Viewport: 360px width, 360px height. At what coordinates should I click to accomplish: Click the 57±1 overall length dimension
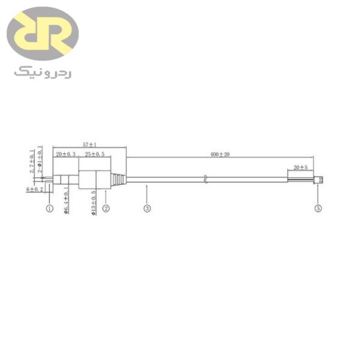(x=90, y=145)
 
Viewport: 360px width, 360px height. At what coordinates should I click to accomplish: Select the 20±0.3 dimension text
(x=66, y=155)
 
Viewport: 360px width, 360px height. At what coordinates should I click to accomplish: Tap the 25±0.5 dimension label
(x=95, y=155)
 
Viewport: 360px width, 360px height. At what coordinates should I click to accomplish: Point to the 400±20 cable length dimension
(x=220, y=155)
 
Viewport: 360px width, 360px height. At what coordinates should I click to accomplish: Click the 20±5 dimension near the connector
(x=301, y=167)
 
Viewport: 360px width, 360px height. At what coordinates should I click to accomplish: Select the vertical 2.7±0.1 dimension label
(x=32, y=164)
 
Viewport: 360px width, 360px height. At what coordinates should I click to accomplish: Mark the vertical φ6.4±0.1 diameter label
(x=66, y=202)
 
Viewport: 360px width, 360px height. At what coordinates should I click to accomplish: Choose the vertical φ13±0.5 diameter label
(x=93, y=203)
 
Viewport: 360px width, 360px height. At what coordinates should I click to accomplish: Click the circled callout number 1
(x=50, y=209)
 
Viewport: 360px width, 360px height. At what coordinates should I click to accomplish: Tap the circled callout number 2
(x=106, y=209)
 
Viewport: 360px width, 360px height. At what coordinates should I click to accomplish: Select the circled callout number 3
(x=146, y=209)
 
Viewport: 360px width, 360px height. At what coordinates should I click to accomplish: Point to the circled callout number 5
(x=318, y=209)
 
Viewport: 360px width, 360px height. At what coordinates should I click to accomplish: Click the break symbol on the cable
(x=206, y=179)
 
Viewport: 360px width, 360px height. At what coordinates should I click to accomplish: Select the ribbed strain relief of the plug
(x=119, y=179)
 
